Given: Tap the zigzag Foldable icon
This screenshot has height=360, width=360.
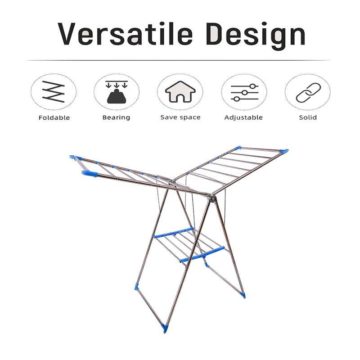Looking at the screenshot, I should click(54, 92).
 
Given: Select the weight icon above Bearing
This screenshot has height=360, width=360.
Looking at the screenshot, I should click(116, 92).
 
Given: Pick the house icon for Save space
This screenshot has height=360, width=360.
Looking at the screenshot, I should click(180, 92).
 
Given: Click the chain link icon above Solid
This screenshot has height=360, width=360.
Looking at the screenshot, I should click(307, 92).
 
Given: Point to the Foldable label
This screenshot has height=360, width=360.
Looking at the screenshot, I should click(54, 117).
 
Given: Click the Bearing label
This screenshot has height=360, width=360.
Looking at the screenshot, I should click(116, 117).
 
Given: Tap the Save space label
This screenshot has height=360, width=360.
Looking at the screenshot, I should click(180, 117).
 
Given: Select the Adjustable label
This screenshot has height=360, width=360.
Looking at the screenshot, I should click(243, 117).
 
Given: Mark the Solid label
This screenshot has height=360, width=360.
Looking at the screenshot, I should click(308, 117).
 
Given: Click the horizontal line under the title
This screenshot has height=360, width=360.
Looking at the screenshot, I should click(180, 60).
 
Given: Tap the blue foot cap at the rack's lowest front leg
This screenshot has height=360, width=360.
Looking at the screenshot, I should click(164, 328).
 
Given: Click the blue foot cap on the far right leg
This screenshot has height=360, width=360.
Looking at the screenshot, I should click(242, 295).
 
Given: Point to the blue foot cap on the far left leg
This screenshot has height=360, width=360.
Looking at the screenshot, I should click(137, 286).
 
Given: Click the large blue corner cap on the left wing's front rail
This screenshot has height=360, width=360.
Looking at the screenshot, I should click(89, 174).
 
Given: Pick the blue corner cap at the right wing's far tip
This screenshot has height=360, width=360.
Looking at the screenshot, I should click(283, 151).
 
